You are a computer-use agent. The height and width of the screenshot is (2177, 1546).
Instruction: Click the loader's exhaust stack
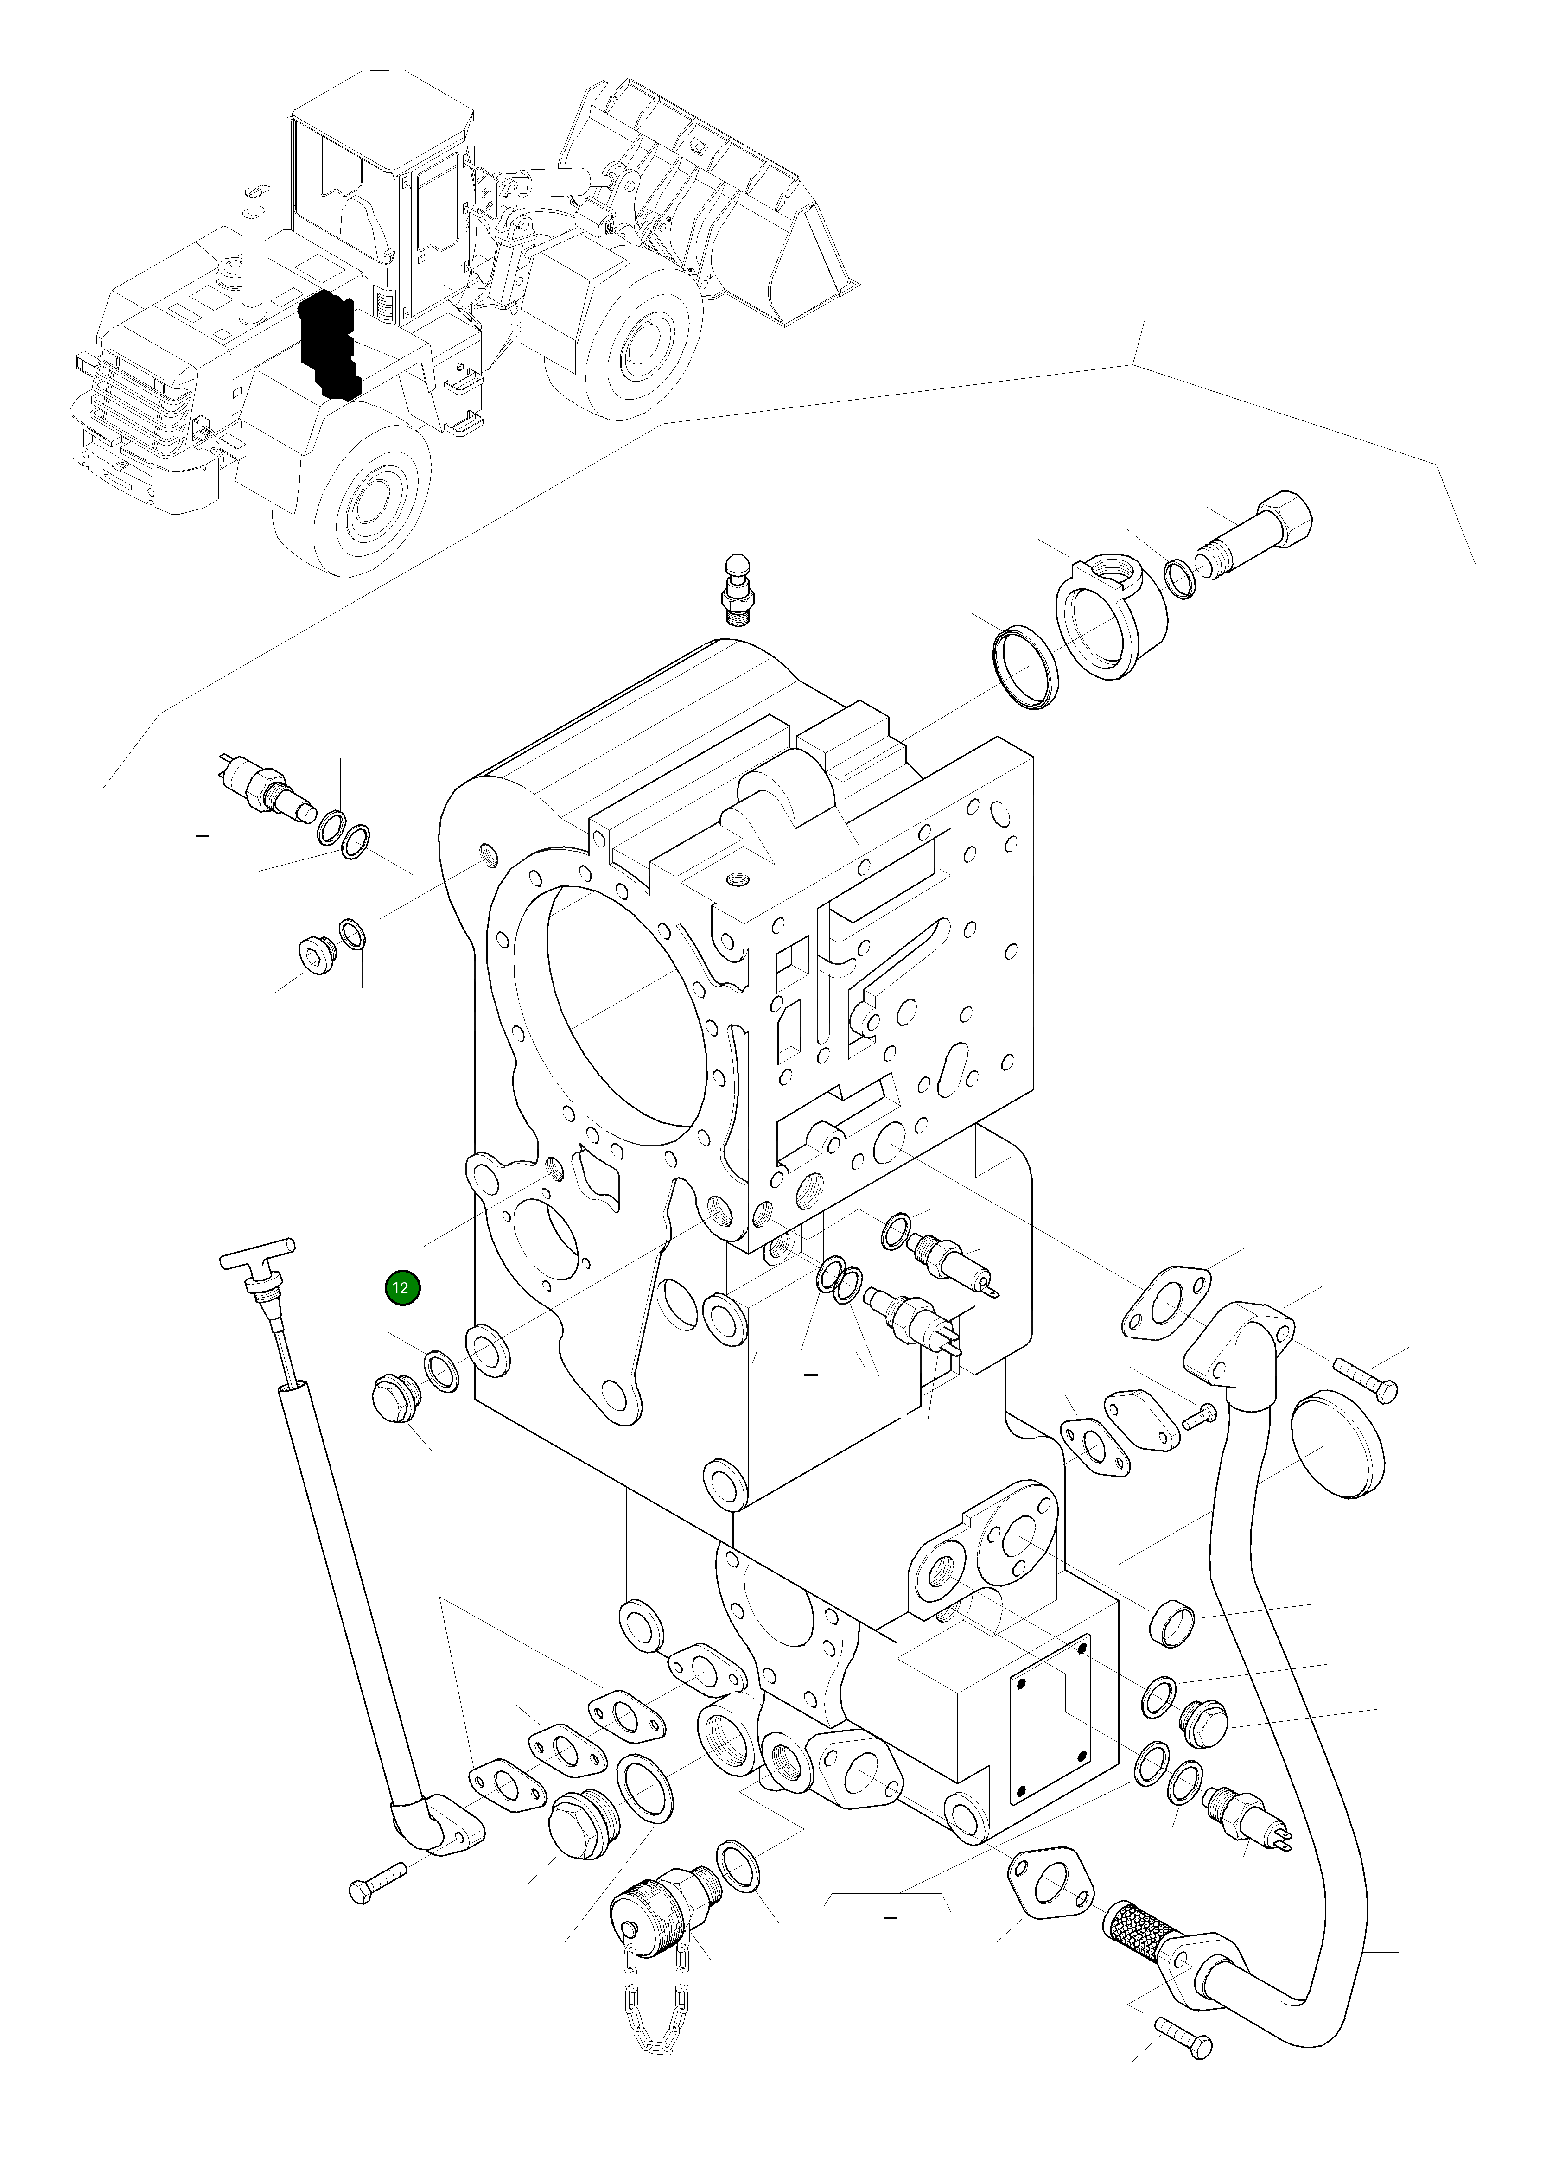(x=254, y=257)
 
